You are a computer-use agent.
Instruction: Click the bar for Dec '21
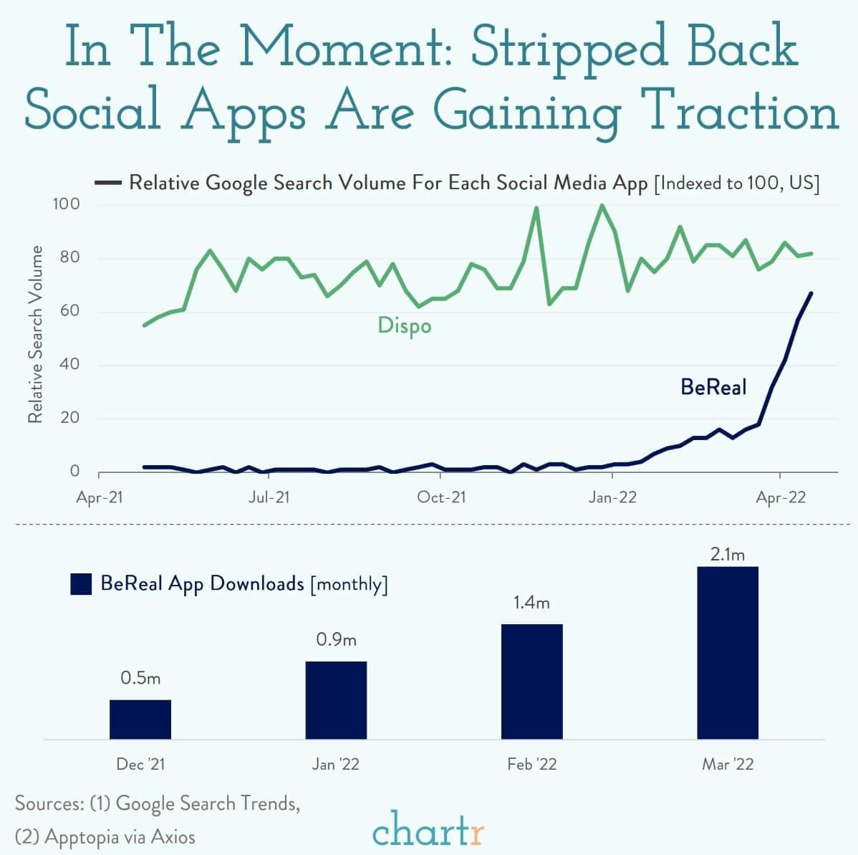pyautogui.click(x=140, y=719)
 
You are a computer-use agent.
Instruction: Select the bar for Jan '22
pyautogui.click(x=336, y=699)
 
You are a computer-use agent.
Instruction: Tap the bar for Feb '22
pyautogui.click(x=531, y=681)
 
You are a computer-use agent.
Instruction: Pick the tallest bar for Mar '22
pyautogui.click(x=727, y=652)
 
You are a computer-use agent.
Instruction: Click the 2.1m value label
pyautogui.click(x=727, y=554)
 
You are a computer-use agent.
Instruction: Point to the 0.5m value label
pyautogui.click(x=140, y=678)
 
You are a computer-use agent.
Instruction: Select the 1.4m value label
pyautogui.click(x=531, y=603)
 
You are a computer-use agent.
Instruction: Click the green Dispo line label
pyautogui.click(x=405, y=326)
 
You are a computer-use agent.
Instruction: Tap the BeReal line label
pyautogui.click(x=713, y=388)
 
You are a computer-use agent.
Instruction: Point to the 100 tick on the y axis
pyautogui.click(x=66, y=205)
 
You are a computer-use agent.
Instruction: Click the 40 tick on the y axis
pyautogui.click(x=69, y=365)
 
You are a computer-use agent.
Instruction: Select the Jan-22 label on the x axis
pyautogui.click(x=612, y=497)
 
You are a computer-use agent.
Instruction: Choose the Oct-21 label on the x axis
pyautogui.click(x=441, y=497)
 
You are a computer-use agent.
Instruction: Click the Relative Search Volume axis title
pyautogui.click(x=35, y=335)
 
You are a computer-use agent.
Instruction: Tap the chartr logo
pyautogui.click(x=428, y=832)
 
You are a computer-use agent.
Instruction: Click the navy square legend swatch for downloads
pyautogui.click(x=81, y=584)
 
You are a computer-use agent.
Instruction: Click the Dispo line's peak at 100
pyautogui.click(x=602, y=206)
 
